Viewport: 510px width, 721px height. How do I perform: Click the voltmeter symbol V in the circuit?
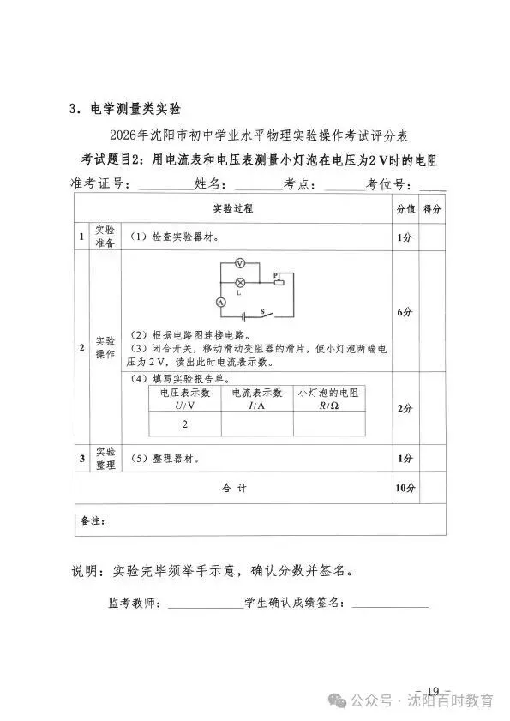pyautogui.click(x=241, y=265)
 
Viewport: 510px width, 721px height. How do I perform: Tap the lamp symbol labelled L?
pyautogui.click(x=241, y=281)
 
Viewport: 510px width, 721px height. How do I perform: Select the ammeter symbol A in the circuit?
pyautogui.click(x=219, y=302)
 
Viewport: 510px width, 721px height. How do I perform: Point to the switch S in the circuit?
pyautogui.click(x=266, y=315)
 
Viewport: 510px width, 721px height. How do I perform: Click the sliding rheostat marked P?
pyautogui.click(x=278, y=283)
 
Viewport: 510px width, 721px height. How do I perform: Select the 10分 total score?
pyautogui.click(x=405, y=488)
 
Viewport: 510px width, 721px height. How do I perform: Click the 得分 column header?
pyautogui.click(x=433, y=208)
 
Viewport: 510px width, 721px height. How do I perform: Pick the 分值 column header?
pyautogui.click(x=405, y=208)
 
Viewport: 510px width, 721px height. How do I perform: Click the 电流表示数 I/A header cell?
pyautogui.click(x=256, y=398)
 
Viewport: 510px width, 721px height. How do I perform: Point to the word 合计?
pyautogui.click(x=234, y=488)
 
